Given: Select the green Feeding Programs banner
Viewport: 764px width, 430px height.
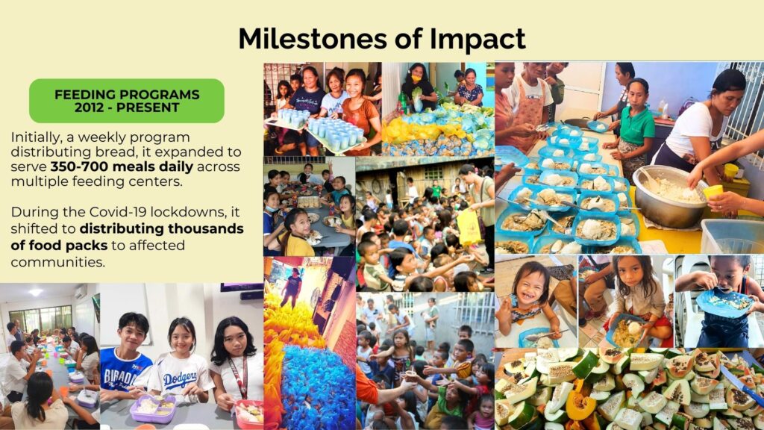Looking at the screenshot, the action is click(127, 101).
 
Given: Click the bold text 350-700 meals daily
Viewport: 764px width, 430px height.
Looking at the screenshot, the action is click(122, 166).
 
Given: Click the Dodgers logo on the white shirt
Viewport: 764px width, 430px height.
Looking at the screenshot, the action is click(181, 380).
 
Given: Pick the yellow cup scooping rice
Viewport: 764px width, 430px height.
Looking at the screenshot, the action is click(713, 192).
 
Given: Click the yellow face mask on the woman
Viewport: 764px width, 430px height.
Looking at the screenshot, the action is click(416, 77).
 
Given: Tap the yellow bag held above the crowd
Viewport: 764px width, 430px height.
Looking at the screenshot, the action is click(469, 226).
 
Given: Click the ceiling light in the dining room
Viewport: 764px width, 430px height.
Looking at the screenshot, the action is click(36, 293).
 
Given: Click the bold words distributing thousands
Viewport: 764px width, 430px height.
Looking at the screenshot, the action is click(162, 228).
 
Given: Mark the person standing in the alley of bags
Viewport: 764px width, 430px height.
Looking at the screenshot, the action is click(293, 287).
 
